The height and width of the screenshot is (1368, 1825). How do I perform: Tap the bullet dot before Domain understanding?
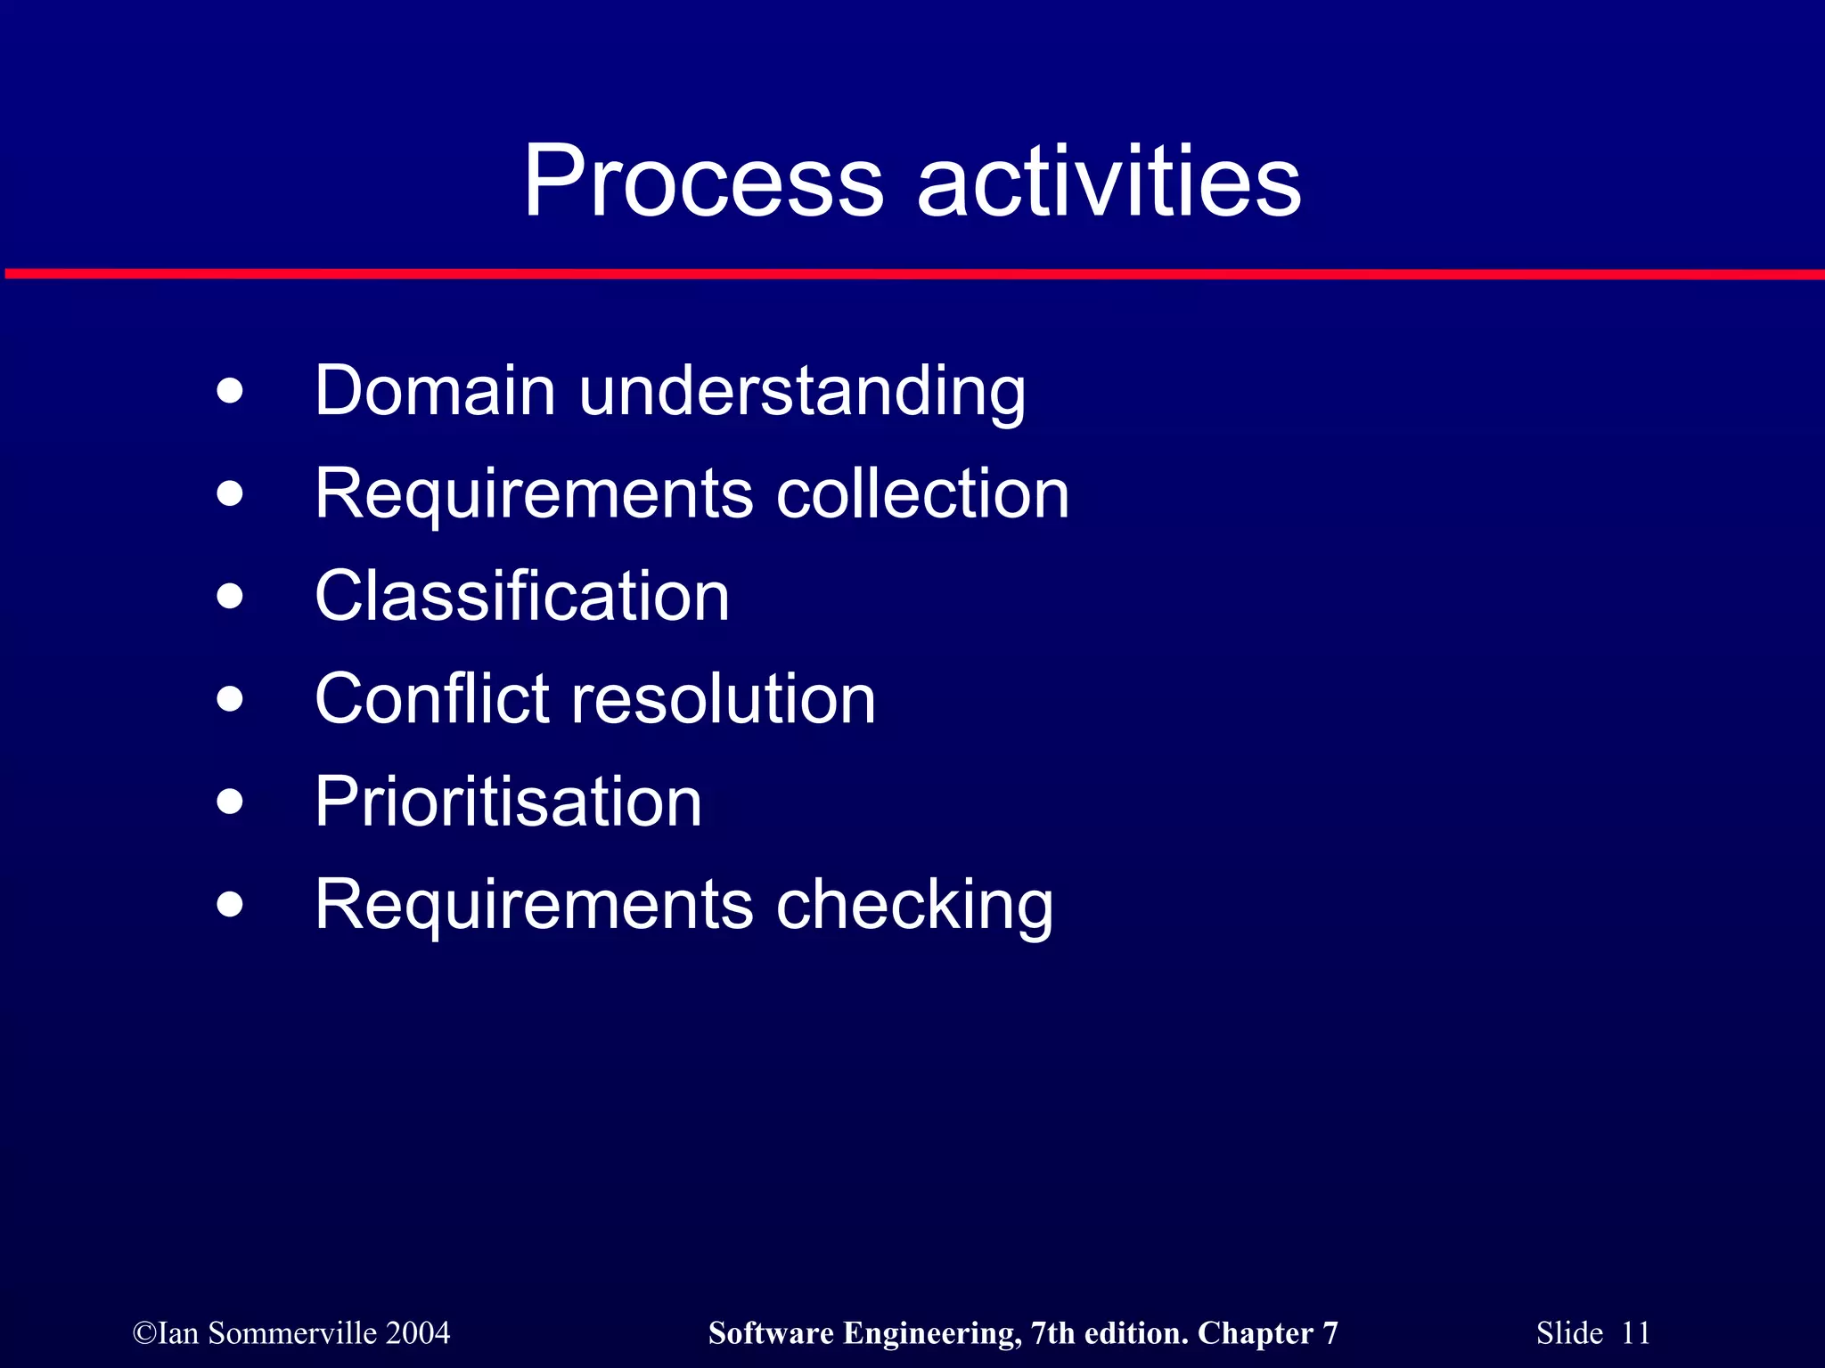tap(230, 391)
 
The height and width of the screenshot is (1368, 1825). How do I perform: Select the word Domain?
tap(436, 391)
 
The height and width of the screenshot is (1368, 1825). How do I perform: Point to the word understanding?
tap(802, 393)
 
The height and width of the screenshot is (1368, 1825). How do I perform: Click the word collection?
tap(922, 493)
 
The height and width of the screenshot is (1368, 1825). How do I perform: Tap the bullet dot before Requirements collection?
tap(230, 493)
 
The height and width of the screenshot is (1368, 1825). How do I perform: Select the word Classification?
tap(522, 596)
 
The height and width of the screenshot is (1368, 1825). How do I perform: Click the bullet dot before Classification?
tap(230, 596)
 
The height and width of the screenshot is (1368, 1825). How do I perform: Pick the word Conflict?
tap(431, 698)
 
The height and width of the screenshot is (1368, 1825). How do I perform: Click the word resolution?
tap(723, 698)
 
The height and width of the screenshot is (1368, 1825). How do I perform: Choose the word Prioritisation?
tap(509, 802)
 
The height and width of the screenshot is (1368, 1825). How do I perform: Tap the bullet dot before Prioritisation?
tap(230, 802)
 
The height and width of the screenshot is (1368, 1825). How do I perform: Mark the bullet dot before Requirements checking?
tap(230, 904)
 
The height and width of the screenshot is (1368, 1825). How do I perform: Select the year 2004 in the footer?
tap(418, 1333)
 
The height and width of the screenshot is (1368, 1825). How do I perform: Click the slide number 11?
tap(1635, 1333)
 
